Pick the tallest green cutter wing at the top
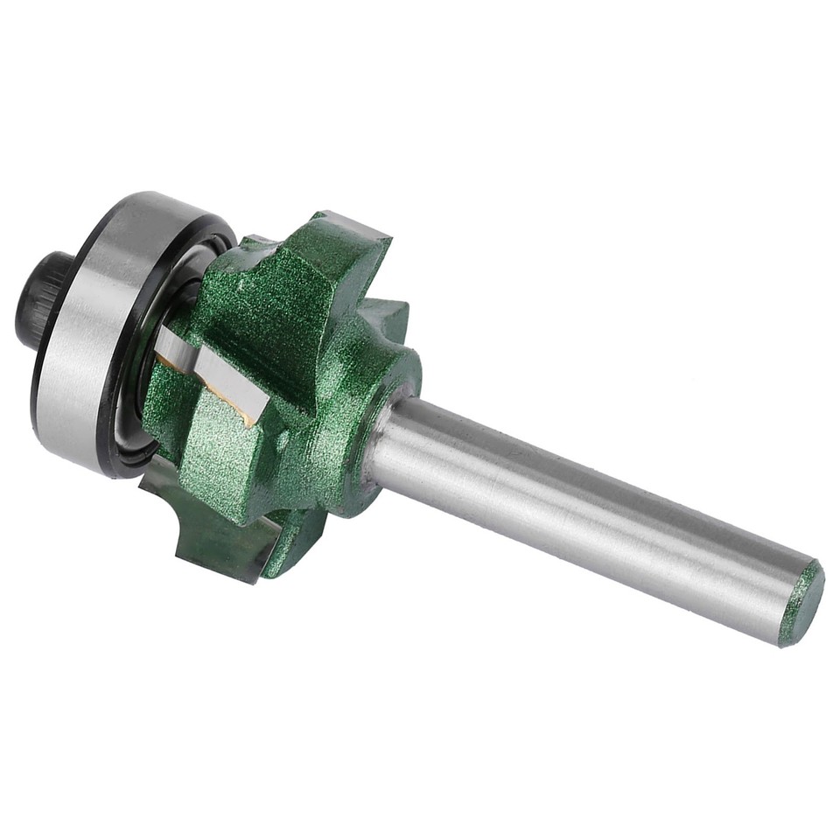[x=341, y=262]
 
